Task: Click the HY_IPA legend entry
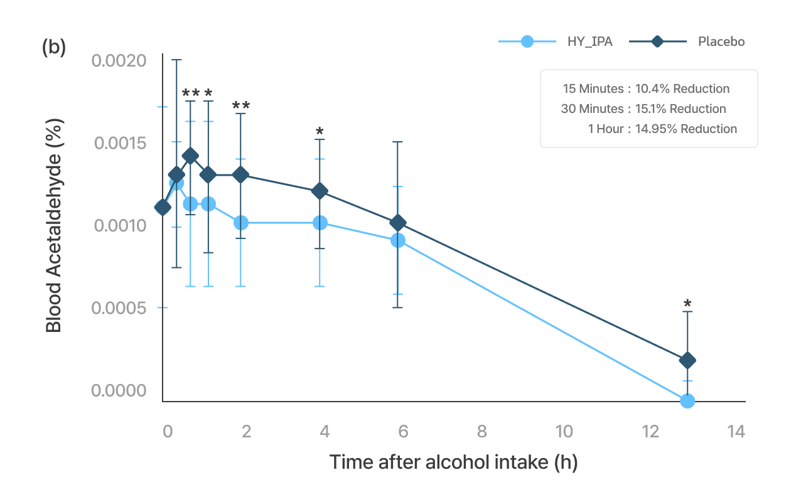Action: tap(585, 42)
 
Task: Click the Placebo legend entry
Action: tap(721, 42)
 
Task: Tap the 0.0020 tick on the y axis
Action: tap(119, 61)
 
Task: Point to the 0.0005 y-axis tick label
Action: tap(119, 308)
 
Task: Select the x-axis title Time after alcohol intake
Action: tap(453, 462)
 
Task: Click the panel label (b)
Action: tap(54, 48)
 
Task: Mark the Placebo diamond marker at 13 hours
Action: tap(687, 360)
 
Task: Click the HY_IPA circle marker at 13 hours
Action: tap(687, 400)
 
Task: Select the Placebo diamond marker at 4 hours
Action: tap(320, 191)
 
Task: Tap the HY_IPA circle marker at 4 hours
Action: tap(320, 223)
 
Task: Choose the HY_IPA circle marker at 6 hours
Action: tap(398, 240)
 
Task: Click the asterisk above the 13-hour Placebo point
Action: tap(687, 305)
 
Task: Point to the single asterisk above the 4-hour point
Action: tap(320, 132)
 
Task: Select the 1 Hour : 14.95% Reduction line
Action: tap(662, 129)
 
